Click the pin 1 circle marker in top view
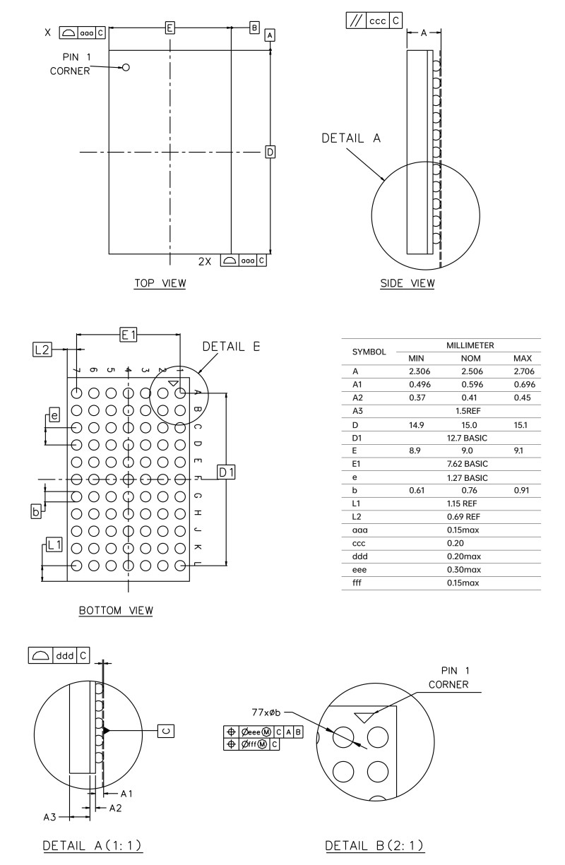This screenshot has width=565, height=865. [x=126, y=68]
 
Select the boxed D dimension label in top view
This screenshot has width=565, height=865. [x=270, y=152]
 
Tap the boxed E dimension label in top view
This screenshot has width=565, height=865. [x=169, y=28]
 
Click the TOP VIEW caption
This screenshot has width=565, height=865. [x=160, y=284]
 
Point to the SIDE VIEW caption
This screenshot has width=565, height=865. [x=408, y=284]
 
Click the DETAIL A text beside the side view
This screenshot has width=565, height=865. [x=351, y=138]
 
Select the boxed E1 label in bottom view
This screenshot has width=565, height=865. [x=129, y=335]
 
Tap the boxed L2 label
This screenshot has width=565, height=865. [x=42, y=348]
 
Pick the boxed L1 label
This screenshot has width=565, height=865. [x=54, y=544]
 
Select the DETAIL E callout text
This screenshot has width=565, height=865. [x=232, y=346]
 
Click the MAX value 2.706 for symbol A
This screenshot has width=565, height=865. [x=523, y=370]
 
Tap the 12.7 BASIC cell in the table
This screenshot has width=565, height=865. [x=467, y=438]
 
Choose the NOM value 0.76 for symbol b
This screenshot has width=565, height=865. [x=467, y=489]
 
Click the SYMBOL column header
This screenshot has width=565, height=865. [x=369, y=351]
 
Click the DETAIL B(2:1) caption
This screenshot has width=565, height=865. [x=374, y=846]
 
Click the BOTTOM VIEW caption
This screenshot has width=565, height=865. [x=116, y=609]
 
